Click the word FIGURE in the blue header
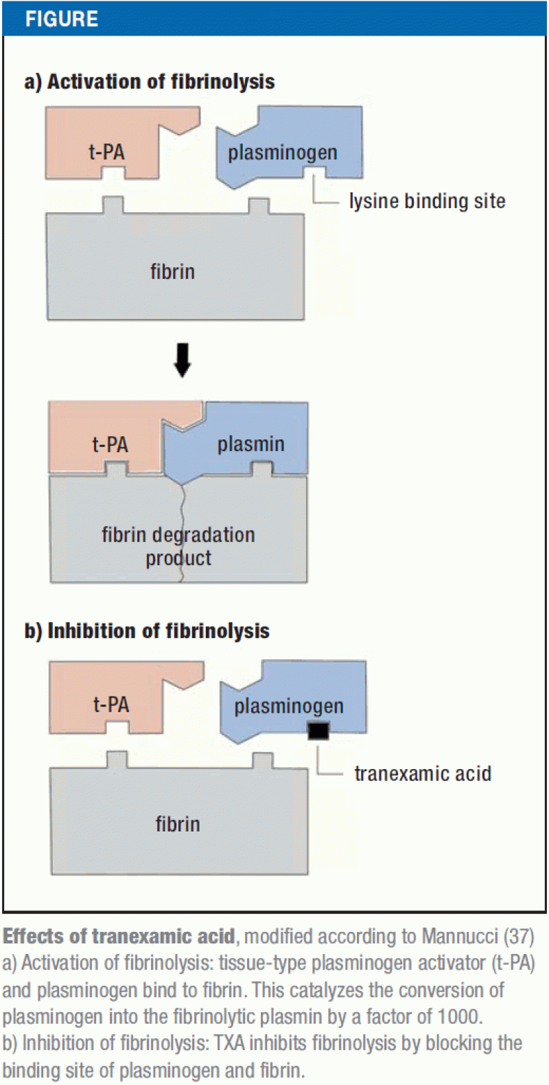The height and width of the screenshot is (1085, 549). tap(62, 19)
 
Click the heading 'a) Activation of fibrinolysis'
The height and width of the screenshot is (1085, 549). tap(150, 82)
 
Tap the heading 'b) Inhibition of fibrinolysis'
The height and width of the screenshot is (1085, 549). tap(147, 631)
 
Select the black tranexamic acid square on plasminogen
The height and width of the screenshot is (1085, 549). tap(318, 731)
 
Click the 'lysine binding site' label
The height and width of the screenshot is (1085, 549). tap(427, 201)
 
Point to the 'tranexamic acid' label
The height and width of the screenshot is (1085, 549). tap(423, 774)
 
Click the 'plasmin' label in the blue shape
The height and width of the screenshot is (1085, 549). tap(250, 444)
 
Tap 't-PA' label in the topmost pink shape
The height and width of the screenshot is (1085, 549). tap(107, 152)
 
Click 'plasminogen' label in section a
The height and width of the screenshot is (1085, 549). tap(283, 152)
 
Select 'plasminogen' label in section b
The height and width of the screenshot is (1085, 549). tap(289, 706)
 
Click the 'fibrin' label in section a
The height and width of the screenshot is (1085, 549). tap(173, 272)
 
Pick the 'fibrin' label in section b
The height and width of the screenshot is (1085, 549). tap(178, 824)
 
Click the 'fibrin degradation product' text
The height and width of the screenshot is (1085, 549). tap(178, 546)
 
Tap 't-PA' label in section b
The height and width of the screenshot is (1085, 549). tap(111, 705)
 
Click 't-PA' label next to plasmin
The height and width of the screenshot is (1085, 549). tap(110, 445)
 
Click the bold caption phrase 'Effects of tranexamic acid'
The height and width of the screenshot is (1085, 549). tap(119, 937)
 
